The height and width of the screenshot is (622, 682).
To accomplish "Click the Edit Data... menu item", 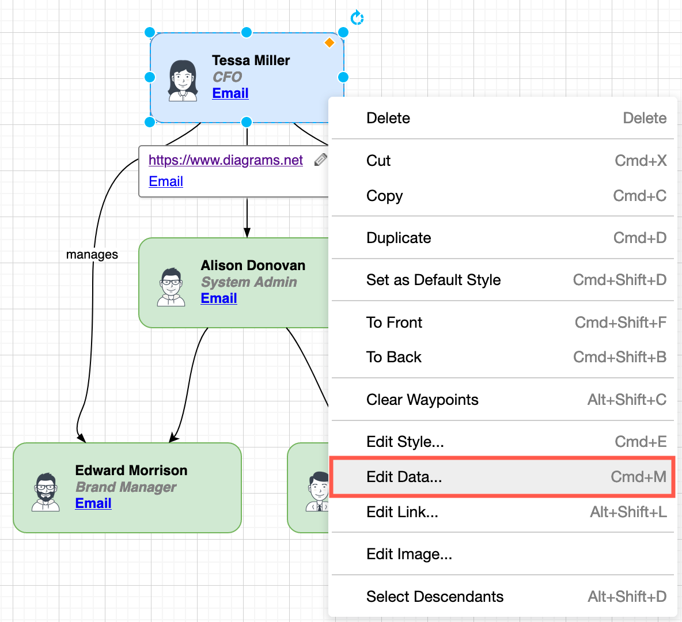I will tap(501, 477).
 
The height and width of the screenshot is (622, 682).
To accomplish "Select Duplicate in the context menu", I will tap(501, 238).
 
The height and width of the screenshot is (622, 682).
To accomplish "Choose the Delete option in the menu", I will tap(501, 118).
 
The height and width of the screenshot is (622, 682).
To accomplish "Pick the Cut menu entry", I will tap(501, 161).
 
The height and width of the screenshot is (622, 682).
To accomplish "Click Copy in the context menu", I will tap(501, 196).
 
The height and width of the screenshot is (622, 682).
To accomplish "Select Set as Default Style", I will tap(501, 280).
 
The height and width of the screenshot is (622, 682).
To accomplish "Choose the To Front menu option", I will tap(501, 323).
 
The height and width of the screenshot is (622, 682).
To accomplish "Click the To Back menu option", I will tap(501, 357).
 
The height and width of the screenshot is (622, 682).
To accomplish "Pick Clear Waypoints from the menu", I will tap(501, 400).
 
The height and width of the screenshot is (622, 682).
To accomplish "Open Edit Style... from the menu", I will tap(501, 442).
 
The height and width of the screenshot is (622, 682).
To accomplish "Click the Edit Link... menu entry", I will tap(501, 512).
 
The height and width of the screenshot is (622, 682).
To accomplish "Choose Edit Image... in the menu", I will tap(501, 554).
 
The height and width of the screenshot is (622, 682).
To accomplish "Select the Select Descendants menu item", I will tap(501, 597).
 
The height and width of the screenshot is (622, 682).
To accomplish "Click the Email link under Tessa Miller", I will tap(230, 93).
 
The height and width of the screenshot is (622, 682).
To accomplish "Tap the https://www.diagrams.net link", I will tap(225, 160).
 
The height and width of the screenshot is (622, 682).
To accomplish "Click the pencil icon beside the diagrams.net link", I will tap(321, 160).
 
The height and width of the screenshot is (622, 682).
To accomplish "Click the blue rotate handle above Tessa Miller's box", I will tap(357, 18).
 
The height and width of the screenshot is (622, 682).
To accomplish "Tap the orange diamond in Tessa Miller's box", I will tap(329, 43).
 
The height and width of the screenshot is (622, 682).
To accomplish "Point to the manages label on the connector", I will tap(92, 255).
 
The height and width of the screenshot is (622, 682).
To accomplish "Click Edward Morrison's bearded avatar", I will tap(46, 492).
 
